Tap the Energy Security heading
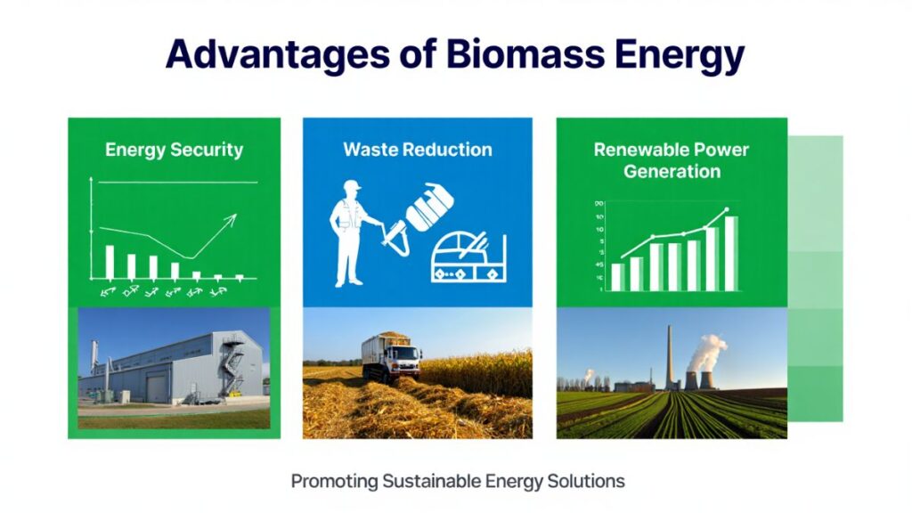pyautogui.click(x=174, y=149)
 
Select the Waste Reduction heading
pyautogui.click(x=418, y=149)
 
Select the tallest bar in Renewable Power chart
pyautogui.click(x=730, y=253)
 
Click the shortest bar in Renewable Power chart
pyautogui.click(x=616, y=276)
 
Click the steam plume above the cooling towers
pyautogui.click(x=708, y=349)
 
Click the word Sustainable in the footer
pyautogui.click(x=431, y=482)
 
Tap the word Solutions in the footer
pyautogui.click(x=588, y=482)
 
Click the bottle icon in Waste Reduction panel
pyautogui.click(x=430, y=206)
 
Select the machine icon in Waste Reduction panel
pyautogui.click(x=467, y=260)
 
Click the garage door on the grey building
pyautogui.click(x=157, y=388)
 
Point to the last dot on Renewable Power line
pyautogui.click(x=726, y=211)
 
